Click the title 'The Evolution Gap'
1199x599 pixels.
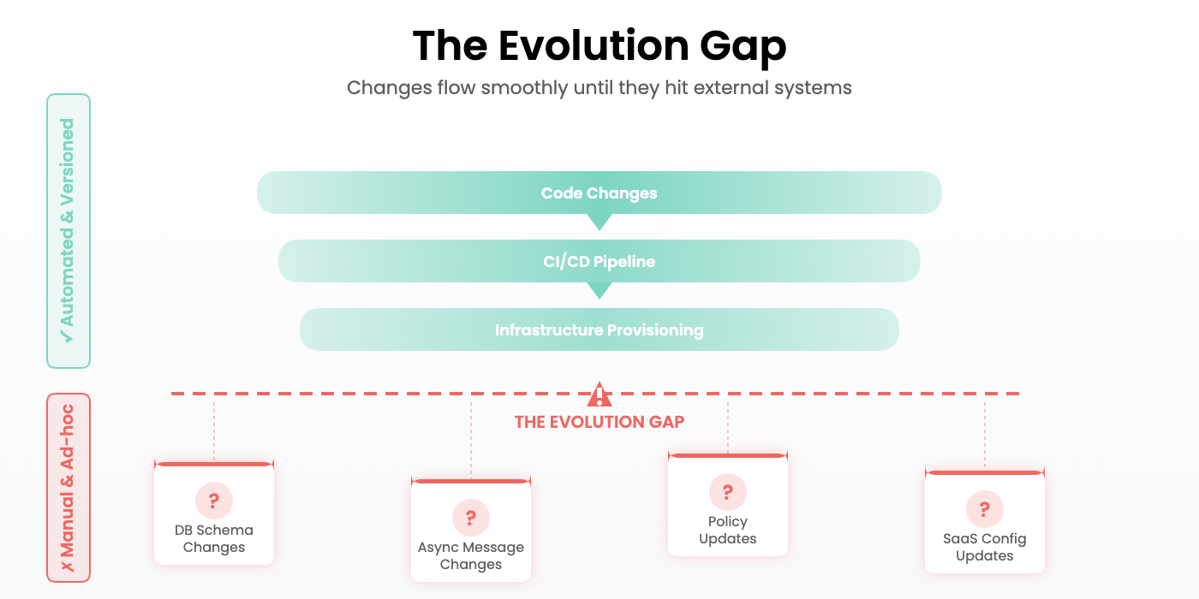pos(599,46)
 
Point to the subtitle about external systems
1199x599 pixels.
pos(599,87)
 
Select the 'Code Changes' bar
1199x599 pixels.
pos(599,193)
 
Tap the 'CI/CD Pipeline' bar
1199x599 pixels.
pos(599,261)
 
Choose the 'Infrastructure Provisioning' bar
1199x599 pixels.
pos(599,329)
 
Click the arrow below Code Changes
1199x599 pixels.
pos(599,222)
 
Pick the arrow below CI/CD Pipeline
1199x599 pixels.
pos(599,290)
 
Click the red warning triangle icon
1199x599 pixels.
pos(599,394)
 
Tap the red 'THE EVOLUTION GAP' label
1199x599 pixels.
pos(599,422)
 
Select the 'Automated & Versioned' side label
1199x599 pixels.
pos(69,231)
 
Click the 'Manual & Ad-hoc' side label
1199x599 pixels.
pos(69,488)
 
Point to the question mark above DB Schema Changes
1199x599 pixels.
pos(214,501)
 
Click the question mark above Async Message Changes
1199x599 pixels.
pos(471,518)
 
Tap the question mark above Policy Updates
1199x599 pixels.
pos(728,492)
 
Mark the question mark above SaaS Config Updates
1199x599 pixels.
pos(985,509)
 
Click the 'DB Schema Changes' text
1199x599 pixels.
pos(214,539)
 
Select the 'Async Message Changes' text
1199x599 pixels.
pos(471,556)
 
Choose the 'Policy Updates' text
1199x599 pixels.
pos(728,531)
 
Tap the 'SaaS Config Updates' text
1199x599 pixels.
pos(985,548)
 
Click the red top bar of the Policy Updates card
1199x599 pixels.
pos(728,455)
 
